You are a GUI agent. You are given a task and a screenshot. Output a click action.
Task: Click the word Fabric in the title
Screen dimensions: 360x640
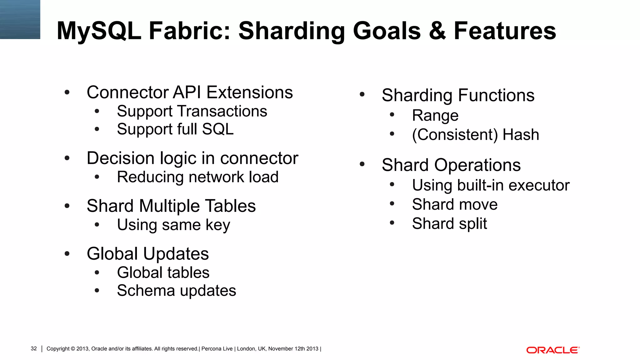[189, 31]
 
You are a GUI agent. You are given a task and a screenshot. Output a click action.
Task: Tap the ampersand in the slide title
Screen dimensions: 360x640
[437, 31]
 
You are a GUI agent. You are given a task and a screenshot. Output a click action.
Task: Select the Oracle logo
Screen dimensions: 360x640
[553, 350]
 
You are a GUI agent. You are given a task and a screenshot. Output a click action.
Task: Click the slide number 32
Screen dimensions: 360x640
[34, 349]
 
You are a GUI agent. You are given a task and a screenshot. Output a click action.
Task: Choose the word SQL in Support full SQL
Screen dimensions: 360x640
[218, 129]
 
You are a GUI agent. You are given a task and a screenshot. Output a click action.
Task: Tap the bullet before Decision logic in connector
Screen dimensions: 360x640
[67, 158]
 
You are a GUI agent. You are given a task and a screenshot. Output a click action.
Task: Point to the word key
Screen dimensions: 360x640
[218, 225]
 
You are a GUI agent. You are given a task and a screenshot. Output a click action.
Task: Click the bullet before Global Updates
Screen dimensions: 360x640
[67, 254]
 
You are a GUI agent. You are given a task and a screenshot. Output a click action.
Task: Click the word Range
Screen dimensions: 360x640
[435, 116]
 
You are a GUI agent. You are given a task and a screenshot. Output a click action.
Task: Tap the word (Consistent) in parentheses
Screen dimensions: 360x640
[455, 135]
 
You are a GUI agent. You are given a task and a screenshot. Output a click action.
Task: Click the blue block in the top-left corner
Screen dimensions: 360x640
[20, 19]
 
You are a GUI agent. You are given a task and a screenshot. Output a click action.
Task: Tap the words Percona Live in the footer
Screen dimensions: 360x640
[217, 349]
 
